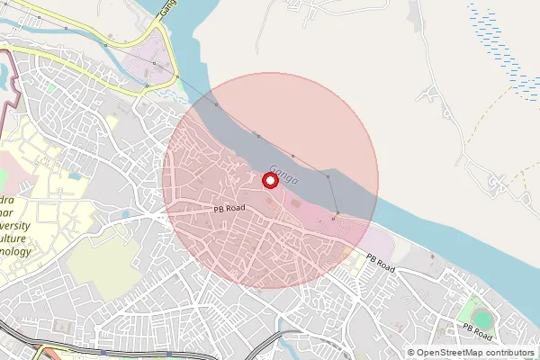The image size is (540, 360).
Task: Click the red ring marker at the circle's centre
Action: pos(269,181)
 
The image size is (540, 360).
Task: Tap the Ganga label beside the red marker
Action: pos(283,173)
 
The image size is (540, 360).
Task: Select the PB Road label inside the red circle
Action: pos(229,208)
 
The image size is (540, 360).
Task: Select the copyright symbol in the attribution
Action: pos(411,353)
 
